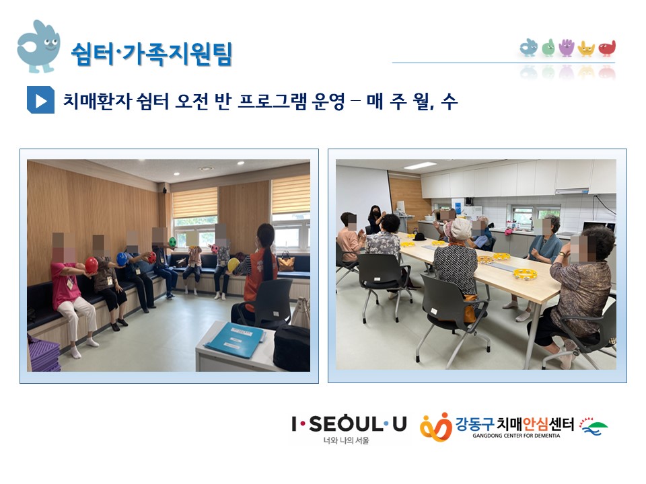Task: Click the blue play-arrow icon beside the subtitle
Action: [x=40, y=99]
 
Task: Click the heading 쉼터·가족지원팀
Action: [x=151, y=54]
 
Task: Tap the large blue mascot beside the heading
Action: [x=38, y=46]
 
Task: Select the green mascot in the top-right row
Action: [x=548, y=48]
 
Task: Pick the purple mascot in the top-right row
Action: [x=566, y=48]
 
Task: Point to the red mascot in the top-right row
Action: [x=607, y=48]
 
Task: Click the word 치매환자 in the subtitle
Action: [x=97, y=102]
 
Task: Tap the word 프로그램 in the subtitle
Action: [x=272, y=102]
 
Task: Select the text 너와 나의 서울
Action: [x=346, y=440]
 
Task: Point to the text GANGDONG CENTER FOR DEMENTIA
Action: [x=516, y=436]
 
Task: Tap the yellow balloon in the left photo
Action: [x=234, y=265]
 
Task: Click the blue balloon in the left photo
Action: [x=122, y=259]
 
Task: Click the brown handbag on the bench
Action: [x=287, y=262]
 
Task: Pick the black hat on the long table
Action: [x=419, y=237]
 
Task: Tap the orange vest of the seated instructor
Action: [x=258, y=275]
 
